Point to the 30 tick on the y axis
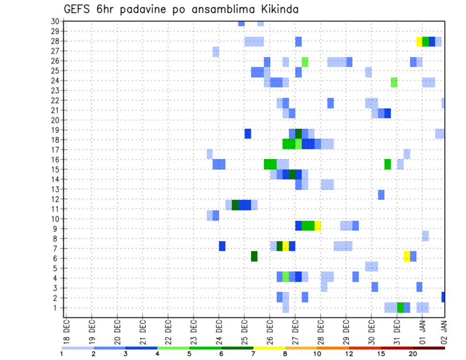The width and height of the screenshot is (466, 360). tap(55, 21)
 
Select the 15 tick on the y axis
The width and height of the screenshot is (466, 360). tap(55, 169)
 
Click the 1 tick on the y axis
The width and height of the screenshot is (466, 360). tap(57, 308)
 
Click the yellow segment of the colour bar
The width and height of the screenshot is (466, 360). tap(269, 348)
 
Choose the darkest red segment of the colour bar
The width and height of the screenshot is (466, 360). tap(429, 348)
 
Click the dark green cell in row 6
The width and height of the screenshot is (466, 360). tap(254, 256)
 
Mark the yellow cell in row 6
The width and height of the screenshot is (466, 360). tap(407, 256)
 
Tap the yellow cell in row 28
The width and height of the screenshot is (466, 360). tap(419, 41)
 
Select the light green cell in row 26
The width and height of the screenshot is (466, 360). tap(305, 61)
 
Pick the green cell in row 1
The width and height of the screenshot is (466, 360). tap(400, 308)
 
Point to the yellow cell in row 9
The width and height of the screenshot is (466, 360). tap(317, 226)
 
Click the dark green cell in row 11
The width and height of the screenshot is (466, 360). tap(235, 205)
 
